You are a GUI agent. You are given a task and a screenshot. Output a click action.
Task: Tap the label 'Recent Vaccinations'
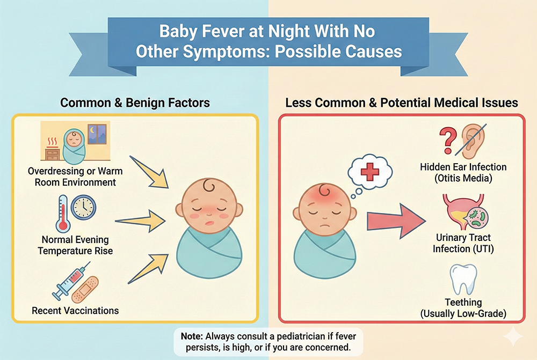75,311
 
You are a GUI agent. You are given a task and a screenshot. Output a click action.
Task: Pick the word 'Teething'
463,303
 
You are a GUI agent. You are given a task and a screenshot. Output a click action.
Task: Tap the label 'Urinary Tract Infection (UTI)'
463,243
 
